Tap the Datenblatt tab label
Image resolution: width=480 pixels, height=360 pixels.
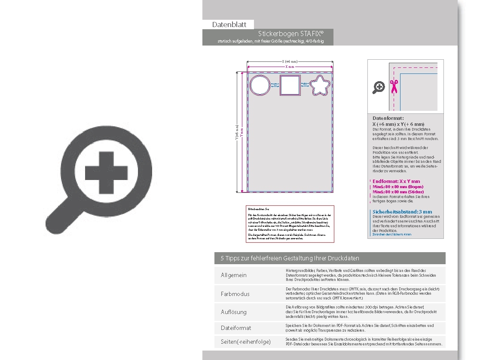(229, 24)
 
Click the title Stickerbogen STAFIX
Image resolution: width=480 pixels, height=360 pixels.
(290, 34)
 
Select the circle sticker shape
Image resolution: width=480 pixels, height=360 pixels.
(259, 85)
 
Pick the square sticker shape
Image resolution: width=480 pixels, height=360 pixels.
(289, 85)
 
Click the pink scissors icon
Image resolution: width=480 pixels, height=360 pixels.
(393, 87)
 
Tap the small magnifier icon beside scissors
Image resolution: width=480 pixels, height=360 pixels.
(379, 87)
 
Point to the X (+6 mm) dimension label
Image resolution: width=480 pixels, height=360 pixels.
(289, 62)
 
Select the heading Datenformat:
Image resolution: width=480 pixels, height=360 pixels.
(388, 118)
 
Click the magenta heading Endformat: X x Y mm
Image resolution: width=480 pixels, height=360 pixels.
(396, 181)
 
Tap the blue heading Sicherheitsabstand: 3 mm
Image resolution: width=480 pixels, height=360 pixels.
(402, 212)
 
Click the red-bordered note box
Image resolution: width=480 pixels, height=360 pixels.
(290, 223)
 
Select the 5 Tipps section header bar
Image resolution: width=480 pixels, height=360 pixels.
(330, 258)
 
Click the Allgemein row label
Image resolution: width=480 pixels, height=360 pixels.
(234, 275)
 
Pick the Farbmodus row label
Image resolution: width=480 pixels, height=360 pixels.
(235, 294)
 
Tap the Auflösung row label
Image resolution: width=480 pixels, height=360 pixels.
(234, 312)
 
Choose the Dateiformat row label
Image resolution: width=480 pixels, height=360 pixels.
(236, 328)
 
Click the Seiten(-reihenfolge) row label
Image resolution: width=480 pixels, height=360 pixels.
(246, 342)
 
